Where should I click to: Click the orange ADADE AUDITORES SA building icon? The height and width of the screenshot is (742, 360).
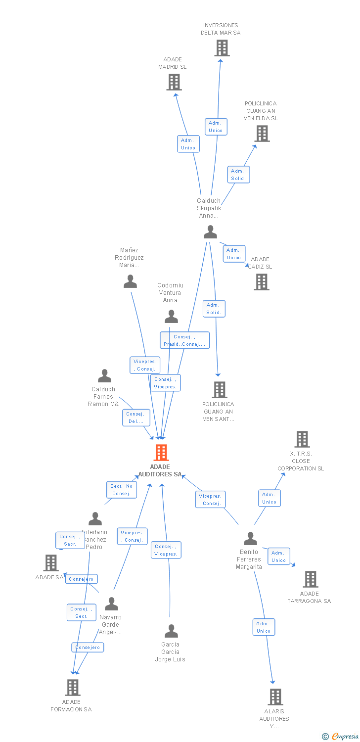(x=161, y=453)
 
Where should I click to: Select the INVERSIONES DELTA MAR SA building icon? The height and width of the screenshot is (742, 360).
(x=222, y=48)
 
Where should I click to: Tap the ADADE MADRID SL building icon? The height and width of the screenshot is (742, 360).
(x=174, y=82)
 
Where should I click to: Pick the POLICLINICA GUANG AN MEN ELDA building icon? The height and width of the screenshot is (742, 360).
(x=262, y=134)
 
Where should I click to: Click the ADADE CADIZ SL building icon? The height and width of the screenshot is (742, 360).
(x=262, y=282)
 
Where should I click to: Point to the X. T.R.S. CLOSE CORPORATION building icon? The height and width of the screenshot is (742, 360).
(x=302, y=439)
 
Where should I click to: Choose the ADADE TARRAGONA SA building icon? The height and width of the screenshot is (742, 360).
(x=310, y=579)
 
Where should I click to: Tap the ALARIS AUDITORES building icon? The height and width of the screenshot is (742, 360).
(x=275, y=697)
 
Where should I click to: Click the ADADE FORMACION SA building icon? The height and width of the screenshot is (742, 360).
(x=73, y=688)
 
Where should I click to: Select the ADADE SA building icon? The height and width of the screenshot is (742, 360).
(x=51, y=563)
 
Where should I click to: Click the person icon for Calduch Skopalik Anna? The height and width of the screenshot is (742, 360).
(x=211, y=232)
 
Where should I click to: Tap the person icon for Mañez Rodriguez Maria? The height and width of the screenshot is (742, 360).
(x=130, y=281)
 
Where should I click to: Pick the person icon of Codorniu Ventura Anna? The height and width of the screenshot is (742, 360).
(x=171, y=316)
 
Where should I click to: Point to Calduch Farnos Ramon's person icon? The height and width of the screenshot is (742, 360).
(x=104, y=376)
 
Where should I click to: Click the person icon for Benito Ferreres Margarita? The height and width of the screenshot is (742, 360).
(x=251, y=538)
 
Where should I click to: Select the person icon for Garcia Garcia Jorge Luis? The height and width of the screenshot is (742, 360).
(x=171, y=631)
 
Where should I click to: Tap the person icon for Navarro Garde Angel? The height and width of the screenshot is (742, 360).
(x=111, y=604)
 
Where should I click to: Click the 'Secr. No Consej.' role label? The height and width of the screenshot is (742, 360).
(x=122, y=490)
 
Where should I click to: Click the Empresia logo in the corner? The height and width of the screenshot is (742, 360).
(x=341, y=737)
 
